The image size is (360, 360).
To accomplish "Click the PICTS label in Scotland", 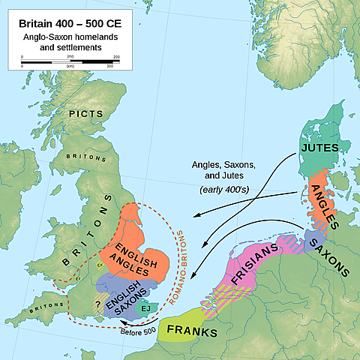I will (x=85, y=114).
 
